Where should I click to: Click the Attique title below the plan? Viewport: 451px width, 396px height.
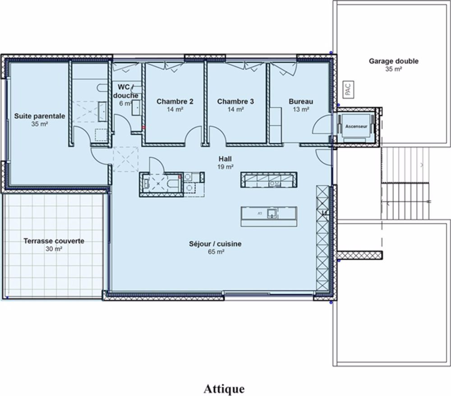224,388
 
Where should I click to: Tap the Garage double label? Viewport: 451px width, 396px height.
393,61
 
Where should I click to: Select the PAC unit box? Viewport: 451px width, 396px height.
347,89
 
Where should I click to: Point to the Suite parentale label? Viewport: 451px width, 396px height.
40,116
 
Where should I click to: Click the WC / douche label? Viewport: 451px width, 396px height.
126,91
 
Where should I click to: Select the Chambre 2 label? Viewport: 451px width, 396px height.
175,101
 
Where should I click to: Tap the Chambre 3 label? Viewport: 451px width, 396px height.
235,101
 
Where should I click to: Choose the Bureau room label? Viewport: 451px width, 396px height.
301,101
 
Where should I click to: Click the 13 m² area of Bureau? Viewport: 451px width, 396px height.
301,109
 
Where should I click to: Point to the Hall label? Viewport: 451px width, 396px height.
225,159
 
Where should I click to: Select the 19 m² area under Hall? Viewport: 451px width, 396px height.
225,166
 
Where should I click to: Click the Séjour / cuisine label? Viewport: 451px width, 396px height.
215,244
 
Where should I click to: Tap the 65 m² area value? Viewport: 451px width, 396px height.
215,252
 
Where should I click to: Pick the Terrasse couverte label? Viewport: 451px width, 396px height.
54,241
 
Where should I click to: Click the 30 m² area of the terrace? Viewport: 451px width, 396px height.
54,249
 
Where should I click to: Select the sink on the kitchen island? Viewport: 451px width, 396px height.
272,213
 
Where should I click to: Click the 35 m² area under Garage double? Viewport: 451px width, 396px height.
393,69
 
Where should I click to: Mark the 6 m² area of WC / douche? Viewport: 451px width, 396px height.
124,103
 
